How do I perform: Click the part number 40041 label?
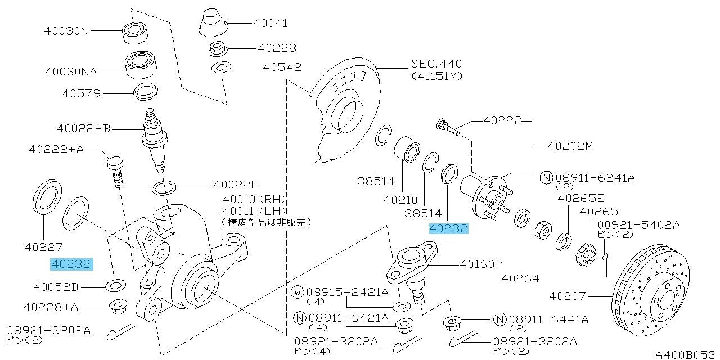271,23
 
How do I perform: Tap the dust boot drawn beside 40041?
213,22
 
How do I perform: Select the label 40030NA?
71,71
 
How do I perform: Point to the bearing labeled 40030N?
136,33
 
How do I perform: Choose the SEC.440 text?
436,64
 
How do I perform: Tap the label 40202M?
570,146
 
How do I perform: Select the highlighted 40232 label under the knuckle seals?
71,264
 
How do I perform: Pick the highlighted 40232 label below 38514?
449,228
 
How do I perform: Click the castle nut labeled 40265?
586,254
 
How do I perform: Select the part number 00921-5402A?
638,225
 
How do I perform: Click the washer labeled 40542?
221,67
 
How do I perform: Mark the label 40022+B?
84,129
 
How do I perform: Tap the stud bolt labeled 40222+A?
116,172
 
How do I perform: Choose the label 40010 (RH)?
254,199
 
